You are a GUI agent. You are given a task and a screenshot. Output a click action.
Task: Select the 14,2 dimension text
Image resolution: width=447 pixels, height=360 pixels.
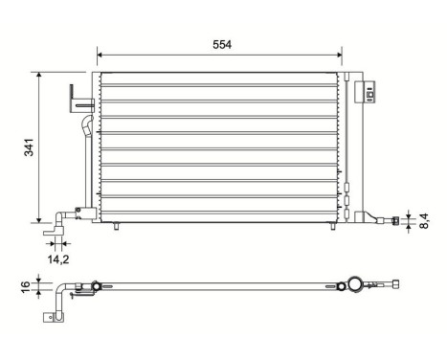point(58,259)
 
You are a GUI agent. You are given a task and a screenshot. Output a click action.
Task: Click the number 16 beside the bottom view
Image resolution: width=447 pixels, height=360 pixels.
point(25,285)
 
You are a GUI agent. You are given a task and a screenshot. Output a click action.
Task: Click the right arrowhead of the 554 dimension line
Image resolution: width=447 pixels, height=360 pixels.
point(340,56)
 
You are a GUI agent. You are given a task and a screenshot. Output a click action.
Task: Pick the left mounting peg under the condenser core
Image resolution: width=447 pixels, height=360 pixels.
point(114,227)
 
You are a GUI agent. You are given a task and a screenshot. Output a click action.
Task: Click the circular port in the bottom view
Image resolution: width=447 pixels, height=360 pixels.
point(356,284)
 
